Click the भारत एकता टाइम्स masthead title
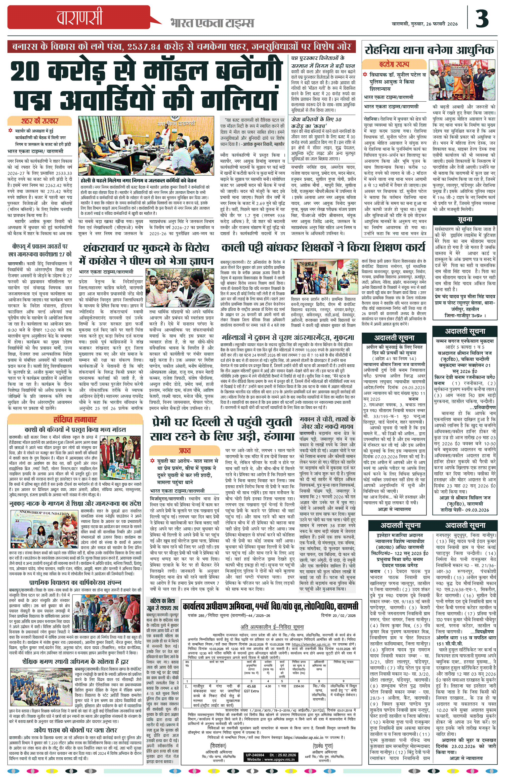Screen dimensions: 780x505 212,23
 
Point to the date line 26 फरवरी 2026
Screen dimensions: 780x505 425,24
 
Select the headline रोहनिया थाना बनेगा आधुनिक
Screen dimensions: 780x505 429,50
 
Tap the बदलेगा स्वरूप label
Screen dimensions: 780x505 394,64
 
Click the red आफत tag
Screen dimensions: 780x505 184,451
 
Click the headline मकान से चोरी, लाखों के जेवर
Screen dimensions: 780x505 327,423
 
